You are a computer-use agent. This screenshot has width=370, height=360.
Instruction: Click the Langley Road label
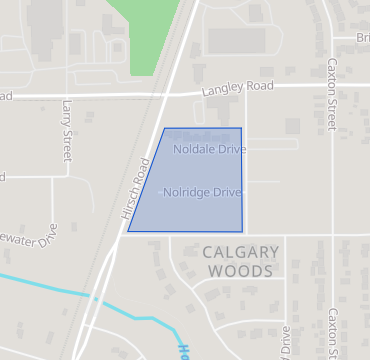238,88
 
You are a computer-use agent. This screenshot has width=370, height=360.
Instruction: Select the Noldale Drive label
209,149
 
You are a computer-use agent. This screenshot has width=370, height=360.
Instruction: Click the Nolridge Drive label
202,191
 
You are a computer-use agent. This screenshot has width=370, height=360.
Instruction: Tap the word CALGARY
238,252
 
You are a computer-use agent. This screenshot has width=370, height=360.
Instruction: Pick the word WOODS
238,271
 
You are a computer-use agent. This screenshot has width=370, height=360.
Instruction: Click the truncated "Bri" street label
362,38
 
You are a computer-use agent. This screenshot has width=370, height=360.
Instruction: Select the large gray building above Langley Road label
236,40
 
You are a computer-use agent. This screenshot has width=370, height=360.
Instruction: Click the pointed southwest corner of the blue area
129,231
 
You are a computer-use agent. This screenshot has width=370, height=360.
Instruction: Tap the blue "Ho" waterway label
184,349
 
